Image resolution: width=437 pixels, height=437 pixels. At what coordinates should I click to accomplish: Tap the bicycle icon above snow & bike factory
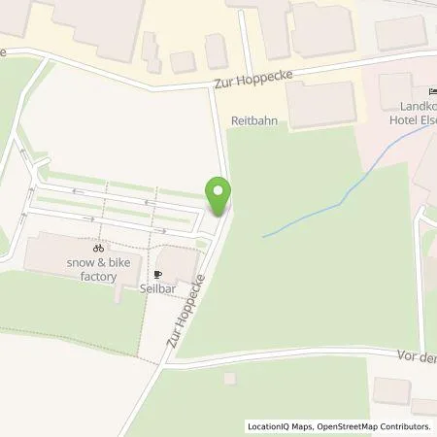(97, 249)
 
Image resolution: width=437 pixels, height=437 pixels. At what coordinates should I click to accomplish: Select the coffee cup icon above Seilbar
(157, 275)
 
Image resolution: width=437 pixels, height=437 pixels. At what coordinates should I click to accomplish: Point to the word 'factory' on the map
(99, 277)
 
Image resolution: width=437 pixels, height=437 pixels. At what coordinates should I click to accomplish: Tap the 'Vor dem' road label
(416, 356)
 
